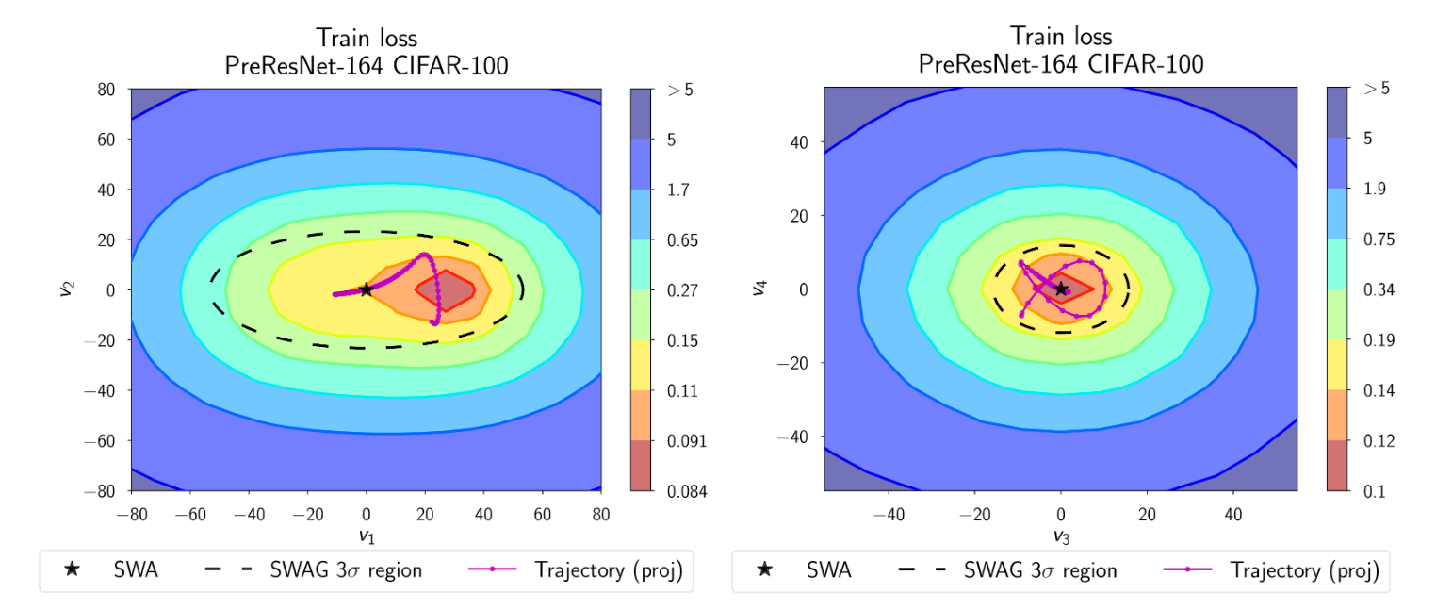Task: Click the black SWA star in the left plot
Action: [x=366, y=289]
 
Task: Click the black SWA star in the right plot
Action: [x=1061, y=289]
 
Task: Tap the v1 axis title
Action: [x=366, y=536]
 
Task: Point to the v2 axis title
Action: [x=65, y=289]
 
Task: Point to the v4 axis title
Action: [x=759, y=289]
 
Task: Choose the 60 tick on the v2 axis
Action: [x=108, y=140]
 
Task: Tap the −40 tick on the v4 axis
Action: [x=796, y=436]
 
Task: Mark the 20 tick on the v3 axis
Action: [x=1147, y=514]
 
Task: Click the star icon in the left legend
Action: [x=72, y=569]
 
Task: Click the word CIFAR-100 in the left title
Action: [x=453, y=65]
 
